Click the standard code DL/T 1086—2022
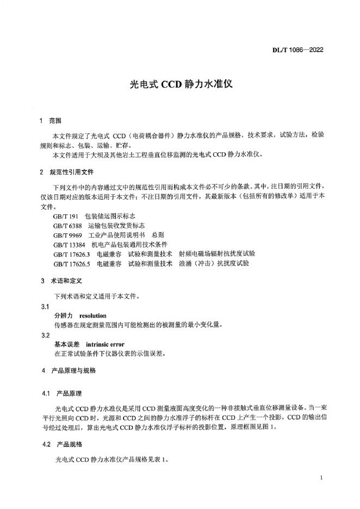(x=297, y=51)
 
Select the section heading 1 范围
(x=52, y=120)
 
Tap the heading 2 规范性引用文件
(x=67, y=172)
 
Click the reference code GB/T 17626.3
(x=72, y=253)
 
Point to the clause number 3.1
(x=46, y=306)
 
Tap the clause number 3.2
(x=46, y=335)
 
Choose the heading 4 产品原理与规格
(x=69, y=370)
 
